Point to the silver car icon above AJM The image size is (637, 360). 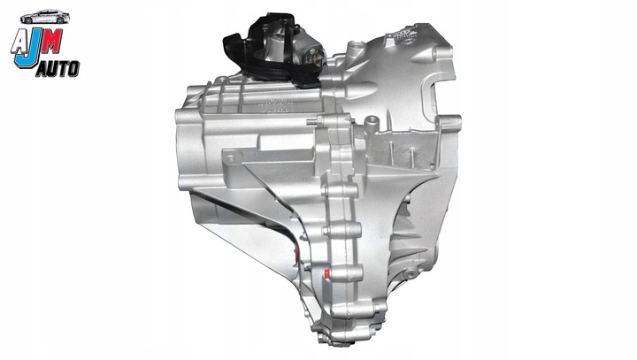click(x=46, y=17)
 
